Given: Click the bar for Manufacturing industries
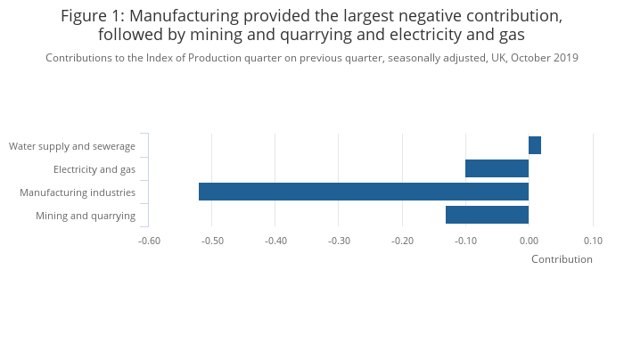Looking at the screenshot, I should tap(364, 192).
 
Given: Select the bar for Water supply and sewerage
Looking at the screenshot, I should tap(535, 145).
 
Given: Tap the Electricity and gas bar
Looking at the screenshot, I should tap(497, 168).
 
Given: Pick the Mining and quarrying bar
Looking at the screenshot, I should tap(487, 215).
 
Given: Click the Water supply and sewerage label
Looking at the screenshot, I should tap(72, 146).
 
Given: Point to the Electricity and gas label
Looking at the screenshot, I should tap(94, 169).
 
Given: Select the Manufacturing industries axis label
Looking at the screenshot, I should tap(78, 192).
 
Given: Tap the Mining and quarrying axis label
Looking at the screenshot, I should tap(86, 216).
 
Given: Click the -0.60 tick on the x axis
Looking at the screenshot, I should tap(149, 241).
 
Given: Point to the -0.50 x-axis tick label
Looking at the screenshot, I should tap(212, 241).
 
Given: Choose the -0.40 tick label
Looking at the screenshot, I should tap(275, 241).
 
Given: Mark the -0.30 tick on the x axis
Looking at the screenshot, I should tap(339, 241).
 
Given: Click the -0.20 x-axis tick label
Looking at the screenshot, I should tap(402, 241).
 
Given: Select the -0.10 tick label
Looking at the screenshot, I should tap(465, 241).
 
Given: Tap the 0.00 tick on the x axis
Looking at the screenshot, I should tap(529, 241).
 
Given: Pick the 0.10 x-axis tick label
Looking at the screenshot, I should tap(593, 241).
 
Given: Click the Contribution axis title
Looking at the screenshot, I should tap(562, 259).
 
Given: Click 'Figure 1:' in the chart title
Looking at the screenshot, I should tap(94, 16).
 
